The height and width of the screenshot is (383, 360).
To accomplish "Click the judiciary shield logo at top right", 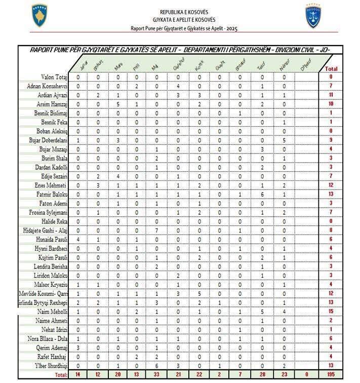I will point(313,16).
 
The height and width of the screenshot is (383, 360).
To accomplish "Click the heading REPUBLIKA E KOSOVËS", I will point(184,12).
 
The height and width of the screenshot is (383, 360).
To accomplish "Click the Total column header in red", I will point(332,68).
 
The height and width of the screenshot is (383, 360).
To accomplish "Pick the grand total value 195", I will point(332,374).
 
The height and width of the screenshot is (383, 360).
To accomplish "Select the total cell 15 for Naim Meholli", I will point(332,311).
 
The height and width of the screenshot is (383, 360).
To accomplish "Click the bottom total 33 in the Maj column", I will point(156,374).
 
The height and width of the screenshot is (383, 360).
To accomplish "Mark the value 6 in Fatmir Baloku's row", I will point(261,194).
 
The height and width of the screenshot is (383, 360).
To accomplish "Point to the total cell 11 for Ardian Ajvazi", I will point(332,95).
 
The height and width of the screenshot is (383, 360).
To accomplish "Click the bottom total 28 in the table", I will point(261,374).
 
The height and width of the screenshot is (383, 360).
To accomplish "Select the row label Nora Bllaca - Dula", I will point(50,338).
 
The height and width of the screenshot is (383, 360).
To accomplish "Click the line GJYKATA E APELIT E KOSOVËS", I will point(184,20).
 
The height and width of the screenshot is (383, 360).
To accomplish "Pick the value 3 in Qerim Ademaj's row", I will point(78,348).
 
